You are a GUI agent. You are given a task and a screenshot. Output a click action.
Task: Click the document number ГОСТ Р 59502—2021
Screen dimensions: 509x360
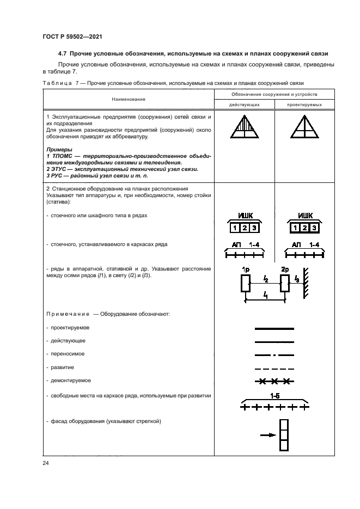[x=72, y=36]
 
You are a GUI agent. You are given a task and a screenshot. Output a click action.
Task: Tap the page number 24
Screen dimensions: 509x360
[x=46, y=463]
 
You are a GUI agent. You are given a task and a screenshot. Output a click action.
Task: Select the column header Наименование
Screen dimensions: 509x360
[x=129, y=99]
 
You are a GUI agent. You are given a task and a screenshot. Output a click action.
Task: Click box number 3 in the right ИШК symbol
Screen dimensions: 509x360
[x=314, y=228]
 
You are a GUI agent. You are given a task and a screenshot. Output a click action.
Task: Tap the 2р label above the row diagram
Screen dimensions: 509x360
[x=284, y=269]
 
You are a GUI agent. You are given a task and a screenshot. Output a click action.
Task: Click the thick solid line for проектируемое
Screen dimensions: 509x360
[x=274, y=329]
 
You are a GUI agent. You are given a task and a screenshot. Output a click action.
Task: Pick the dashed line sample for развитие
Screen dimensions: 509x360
[x=274, y=367]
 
